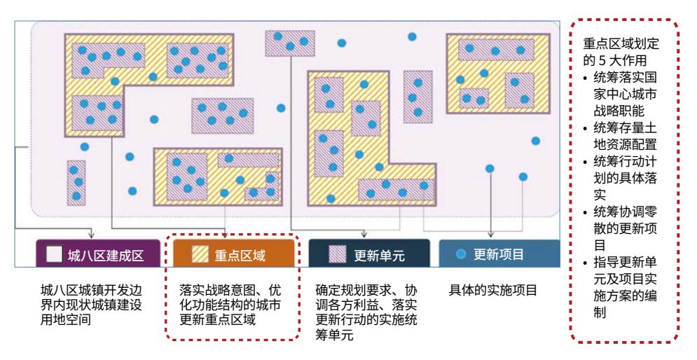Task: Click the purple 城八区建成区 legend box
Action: pyautogui.click(x=98, y=254)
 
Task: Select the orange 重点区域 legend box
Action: pyautogui.click(x=234, y=254)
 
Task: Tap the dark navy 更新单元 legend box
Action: pyautogui.click(x=369, y=254)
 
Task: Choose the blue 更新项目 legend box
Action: pyautogui.click(x=499, y=254)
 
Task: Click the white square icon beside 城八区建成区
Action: pyautogui.click(x=54, y=254)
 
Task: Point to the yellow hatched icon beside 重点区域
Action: pyautogui.click(x=200, y=254)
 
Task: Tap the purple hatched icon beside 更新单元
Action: pyautogui.click(x=338, y=254)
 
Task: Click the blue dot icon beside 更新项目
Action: pyautogui.click(x=461, y=254)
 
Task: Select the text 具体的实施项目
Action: pyautogui.click(x=493, y=290)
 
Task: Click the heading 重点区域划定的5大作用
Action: pyautogui.click(x=621, y=52)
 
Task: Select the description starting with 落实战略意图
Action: pyautogui.click(x=230, y=305)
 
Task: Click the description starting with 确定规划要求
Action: pyautogui.click(x=366, y=312)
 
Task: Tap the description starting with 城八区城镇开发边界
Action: pyautogui.click(x=91, y=305)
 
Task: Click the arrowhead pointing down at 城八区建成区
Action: pyautogui.click(x=92, y=234)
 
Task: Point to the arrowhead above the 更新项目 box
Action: pyautogui.click(x=491, y=234)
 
